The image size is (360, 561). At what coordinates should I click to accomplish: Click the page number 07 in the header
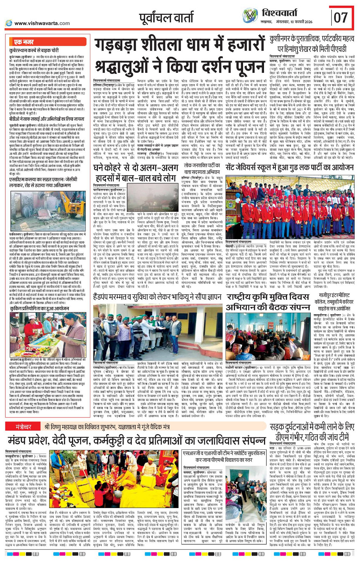click(341, 18)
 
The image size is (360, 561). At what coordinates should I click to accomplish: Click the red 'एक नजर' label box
click(24, 42)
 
